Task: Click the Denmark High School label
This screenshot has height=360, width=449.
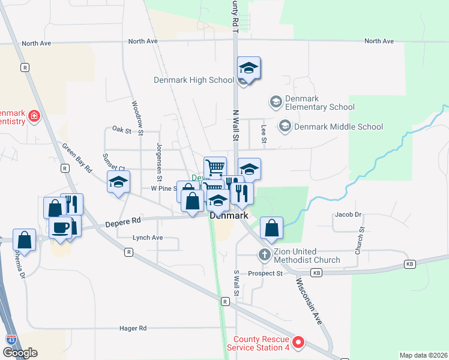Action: [x=193, y=80]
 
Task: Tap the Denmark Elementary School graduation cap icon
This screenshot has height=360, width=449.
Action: [x=276, y=101]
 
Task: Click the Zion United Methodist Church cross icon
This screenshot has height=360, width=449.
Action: [x=264, y=255]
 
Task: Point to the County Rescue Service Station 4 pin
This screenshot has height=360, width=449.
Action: [x=298, y=344]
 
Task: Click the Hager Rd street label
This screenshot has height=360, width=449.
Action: [x=133, y=329]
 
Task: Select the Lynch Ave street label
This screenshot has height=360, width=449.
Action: [x=148, y=238]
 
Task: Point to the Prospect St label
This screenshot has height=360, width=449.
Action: [x=266, y=274]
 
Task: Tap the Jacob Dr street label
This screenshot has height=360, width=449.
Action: [x=348, y=214]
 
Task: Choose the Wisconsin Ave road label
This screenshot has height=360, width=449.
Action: [x=309, y=301]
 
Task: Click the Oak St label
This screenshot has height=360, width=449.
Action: [x=122, y=129]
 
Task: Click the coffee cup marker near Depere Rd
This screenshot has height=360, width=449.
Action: [x=61, y=229]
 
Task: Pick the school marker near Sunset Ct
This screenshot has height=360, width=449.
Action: [x=118, y=182]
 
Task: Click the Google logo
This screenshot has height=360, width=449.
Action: [x=20, y=353]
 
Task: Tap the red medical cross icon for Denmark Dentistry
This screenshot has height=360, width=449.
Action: [x=34, y=116]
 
